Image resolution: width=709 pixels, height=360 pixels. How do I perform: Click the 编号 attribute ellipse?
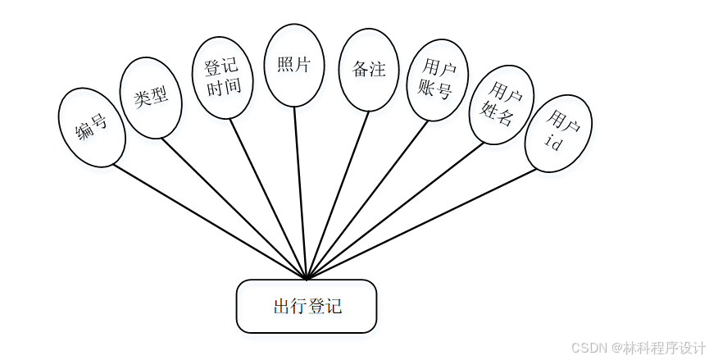92,127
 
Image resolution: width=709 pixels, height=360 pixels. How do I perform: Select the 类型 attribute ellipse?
151,98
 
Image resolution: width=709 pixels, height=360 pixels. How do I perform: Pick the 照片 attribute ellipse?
295,66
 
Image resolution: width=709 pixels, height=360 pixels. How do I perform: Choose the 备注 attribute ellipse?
369,70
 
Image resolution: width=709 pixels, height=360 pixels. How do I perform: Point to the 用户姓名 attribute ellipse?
501,106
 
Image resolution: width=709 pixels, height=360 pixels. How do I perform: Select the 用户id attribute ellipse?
559,133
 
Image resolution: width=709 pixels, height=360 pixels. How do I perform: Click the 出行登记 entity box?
307,307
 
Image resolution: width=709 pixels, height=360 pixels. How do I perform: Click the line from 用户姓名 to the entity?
394,212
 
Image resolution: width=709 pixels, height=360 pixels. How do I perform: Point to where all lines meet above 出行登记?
307,278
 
